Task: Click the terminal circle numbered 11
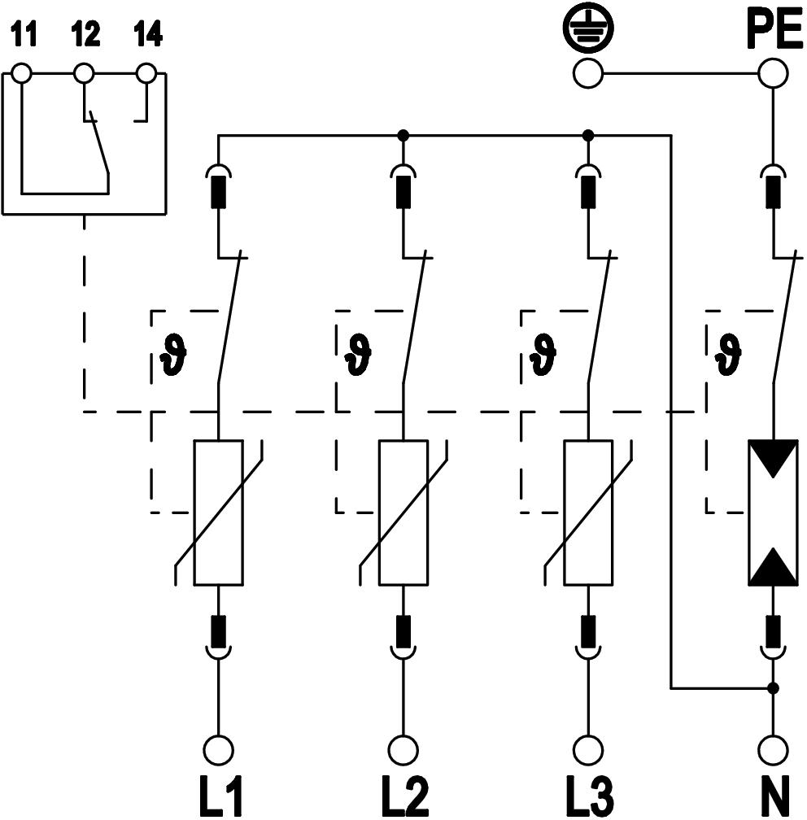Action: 22,74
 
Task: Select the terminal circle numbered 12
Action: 84,74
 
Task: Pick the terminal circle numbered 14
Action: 146,74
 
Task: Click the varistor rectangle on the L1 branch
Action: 218,512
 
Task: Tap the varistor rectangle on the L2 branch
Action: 403,512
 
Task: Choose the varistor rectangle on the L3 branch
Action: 587,512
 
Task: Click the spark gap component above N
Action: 773,512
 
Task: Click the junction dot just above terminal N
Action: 773,688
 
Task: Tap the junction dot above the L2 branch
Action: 403,135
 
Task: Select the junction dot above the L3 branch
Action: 588,135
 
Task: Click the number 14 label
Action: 146,36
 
